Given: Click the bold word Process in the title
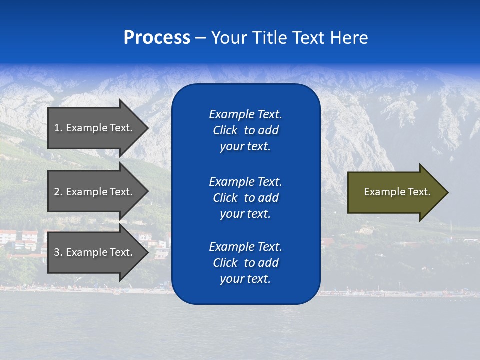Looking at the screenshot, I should (x=157, y=38).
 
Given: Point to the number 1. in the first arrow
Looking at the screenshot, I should (x=58, y=128).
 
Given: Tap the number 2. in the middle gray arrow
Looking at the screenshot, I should (x=58, y=192).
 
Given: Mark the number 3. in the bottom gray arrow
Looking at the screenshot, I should (x=58, y=252).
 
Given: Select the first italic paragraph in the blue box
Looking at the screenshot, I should (x=245, y=130).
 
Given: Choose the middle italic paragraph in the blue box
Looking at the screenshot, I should (x=245, y=198).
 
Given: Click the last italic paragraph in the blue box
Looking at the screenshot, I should (x=245, y=263).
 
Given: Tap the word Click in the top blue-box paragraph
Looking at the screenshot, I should (x=225, y=130).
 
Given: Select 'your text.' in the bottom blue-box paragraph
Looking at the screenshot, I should (x=245, y=279).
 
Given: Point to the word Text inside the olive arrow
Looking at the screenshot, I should (x=419, y=192).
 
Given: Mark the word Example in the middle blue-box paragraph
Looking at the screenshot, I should (x=231, y=182).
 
